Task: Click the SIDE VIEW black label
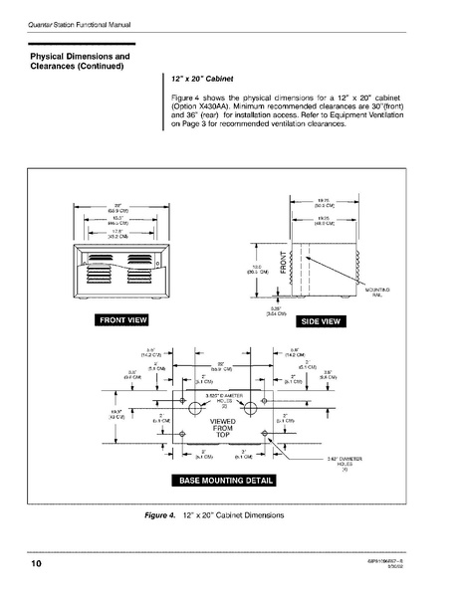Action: (322, 321)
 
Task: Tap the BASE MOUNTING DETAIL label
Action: (226, 481)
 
